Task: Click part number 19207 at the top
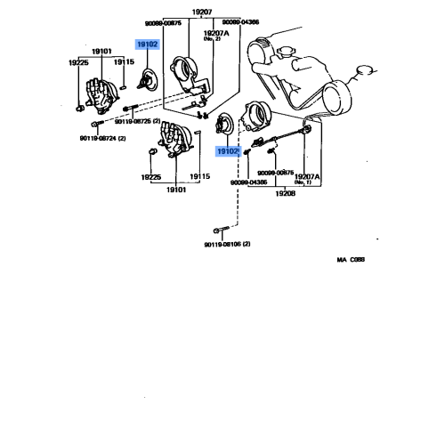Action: [202, 12]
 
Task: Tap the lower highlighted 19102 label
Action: [227, 152]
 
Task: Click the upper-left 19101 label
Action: [101, 52]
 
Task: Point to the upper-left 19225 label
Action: [78, 62]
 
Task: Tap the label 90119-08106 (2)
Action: [227, 243]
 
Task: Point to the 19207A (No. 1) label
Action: [307, 178]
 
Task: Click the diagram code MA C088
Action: [351, 261]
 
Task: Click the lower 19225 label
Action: [150, 176]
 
